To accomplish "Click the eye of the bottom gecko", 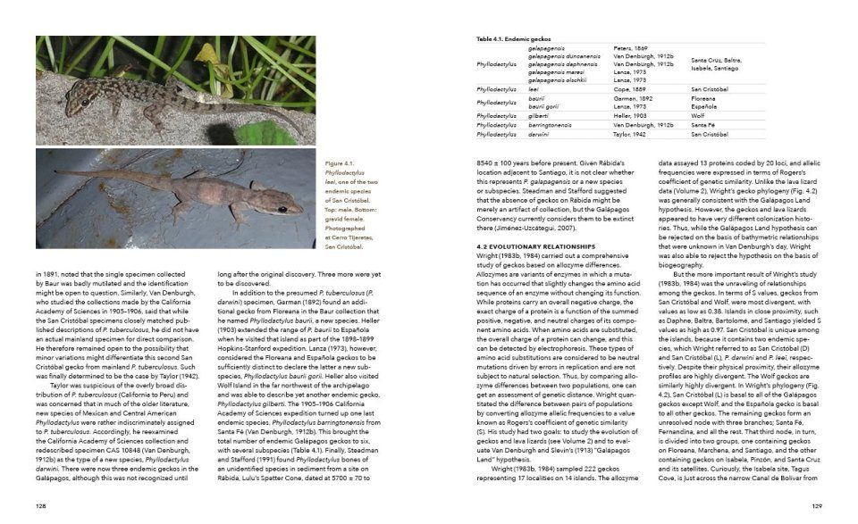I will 282,209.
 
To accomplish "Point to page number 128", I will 41,505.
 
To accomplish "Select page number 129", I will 816,505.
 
